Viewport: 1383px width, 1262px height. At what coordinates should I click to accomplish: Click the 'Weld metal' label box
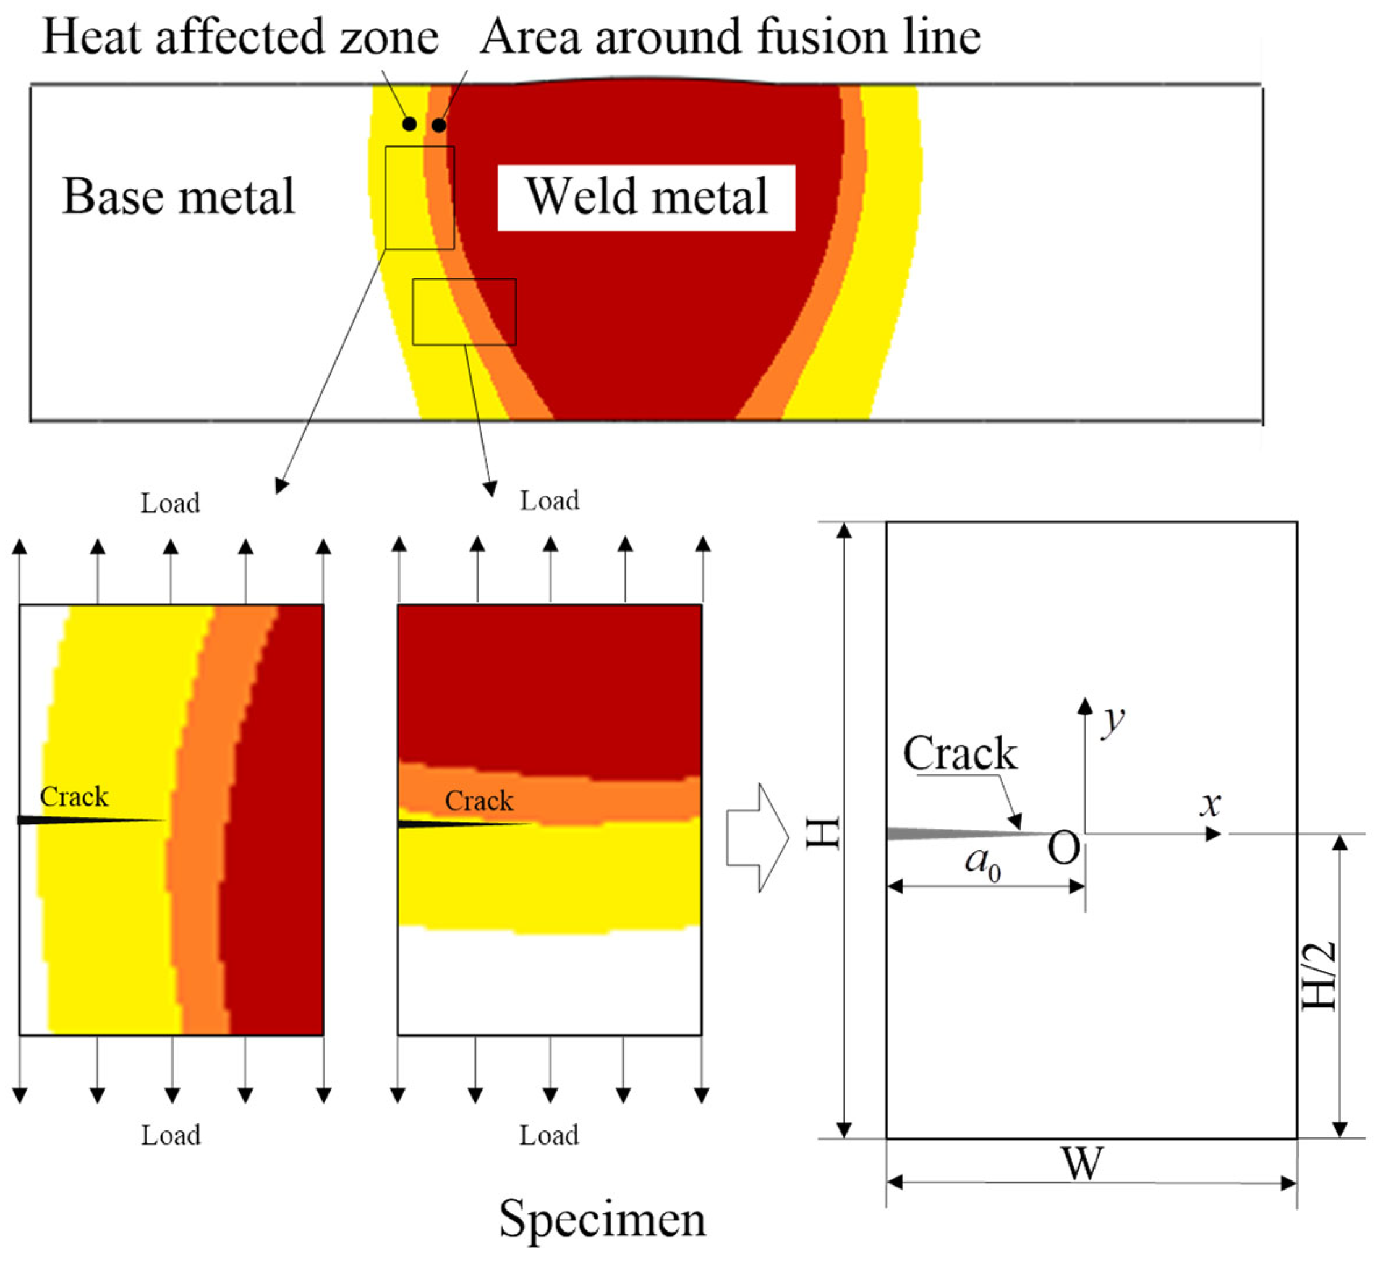(x=646, y=197)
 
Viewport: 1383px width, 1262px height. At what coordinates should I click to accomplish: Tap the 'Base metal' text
(x=179, y=197)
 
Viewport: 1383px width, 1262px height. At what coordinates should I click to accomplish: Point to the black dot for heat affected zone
(x=409, y=124)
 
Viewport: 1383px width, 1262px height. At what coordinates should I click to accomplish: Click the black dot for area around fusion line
(x=439, y=126)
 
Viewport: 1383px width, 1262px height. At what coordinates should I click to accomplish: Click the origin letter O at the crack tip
(x=1063, y=848)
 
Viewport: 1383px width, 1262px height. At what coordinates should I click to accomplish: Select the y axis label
(x=1112, y=720)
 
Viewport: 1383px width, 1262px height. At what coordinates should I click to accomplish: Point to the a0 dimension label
(x=982, y=861)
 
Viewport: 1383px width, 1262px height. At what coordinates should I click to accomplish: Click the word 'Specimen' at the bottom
(x=602, y=1219)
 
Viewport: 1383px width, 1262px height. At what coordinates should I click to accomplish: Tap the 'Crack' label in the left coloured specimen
(x=74, y=797)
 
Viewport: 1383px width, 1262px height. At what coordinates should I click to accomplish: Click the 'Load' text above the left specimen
(x=170, y=503)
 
